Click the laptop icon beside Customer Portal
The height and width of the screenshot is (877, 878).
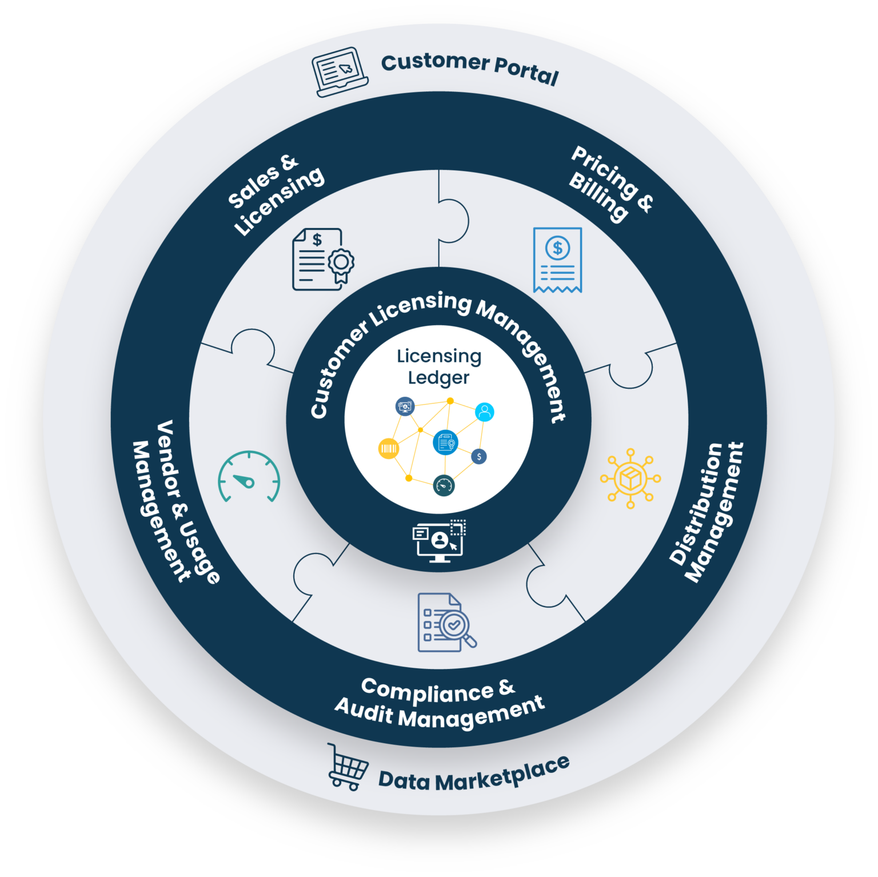(340, 72)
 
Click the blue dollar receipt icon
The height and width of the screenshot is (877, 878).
(557, 260)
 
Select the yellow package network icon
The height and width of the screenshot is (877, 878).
(630, 478)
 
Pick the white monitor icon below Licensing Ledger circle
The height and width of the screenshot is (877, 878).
(439, 541)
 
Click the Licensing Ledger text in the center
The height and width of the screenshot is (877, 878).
(439, 366)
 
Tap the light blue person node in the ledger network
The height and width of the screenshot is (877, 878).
(485, 412)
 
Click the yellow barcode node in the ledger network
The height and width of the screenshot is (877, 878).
(388, 449)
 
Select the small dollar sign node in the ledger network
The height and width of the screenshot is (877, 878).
(479, 456)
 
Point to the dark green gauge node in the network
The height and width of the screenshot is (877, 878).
(444, 485)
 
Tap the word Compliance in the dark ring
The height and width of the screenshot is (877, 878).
(427, 691)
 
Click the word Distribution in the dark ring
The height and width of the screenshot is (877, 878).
(696, 503)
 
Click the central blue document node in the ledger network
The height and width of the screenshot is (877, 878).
(445, 442)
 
